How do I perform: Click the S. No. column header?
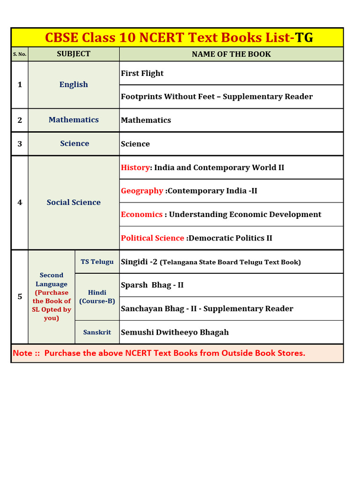(20, 54)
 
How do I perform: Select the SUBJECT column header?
(74, 54)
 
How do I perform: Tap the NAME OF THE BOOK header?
(231, 54)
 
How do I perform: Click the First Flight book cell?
(142, 73)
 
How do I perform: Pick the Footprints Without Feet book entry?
(217, 97)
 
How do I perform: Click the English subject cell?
(74, 85)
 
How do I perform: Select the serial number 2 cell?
(20, 120)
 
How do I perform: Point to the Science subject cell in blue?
(74, 144)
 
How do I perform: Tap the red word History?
(135, 168)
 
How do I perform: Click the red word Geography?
(142, 191)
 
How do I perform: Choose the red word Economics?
(142, 215)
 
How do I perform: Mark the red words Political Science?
(152, 238)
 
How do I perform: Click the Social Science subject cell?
(74, 202)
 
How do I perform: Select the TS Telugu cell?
(97, 262)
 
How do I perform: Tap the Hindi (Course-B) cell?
(97, 297)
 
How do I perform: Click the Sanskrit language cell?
(97, 332)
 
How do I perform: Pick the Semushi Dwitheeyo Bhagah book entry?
(175, 332)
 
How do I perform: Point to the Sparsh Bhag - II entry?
(152, 285)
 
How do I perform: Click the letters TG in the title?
(304, 38)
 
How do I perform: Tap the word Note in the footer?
(22, 353)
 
